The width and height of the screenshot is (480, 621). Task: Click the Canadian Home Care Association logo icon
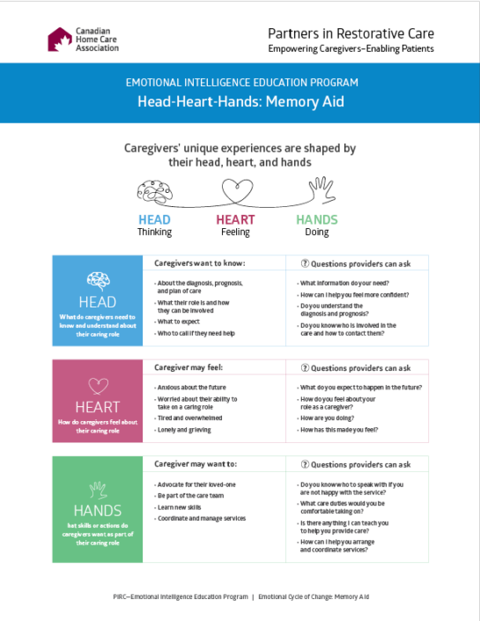60,39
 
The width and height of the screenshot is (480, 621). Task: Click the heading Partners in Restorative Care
351,33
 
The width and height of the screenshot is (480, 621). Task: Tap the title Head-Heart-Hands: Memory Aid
240,101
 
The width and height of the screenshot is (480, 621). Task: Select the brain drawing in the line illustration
155,191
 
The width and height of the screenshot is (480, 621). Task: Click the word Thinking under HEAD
154,233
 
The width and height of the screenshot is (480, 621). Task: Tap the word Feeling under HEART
235,233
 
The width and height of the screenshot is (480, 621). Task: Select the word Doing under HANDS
317,233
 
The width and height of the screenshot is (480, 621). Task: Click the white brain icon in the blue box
98,280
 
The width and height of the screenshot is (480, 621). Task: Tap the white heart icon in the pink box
98,385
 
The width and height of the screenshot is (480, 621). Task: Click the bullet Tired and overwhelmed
188,418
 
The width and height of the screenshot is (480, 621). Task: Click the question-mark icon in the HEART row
305,368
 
